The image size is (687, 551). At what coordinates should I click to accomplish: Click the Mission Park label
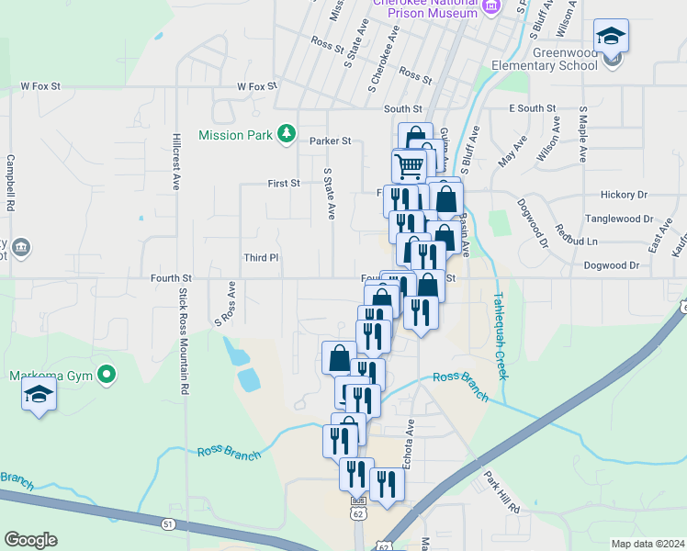236,135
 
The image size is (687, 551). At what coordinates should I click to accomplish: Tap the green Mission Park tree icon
287,135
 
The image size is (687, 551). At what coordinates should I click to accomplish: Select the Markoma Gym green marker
107,374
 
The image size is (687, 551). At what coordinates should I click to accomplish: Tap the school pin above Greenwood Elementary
611,38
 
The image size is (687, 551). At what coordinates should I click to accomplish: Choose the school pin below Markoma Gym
39,395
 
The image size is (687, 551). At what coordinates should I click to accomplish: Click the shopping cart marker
409,166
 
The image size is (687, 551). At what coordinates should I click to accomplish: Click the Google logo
30,540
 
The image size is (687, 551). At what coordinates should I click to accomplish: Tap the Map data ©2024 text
648,544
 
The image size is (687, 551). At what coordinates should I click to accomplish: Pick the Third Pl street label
261,258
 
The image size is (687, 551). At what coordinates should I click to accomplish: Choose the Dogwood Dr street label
611,265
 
